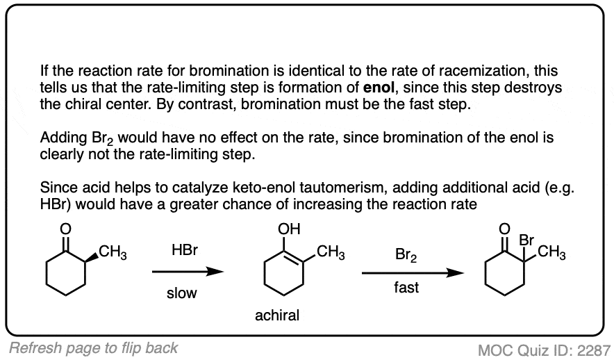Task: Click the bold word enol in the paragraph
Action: pyautogui.click(x=379, y=88)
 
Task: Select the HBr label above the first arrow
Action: pyautogui.click(x=185, y=250)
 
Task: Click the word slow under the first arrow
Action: pyautogui.click(x=182, y=293)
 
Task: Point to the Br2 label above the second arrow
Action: pyautogui.click(x=406, y=255)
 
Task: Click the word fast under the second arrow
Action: pyautogui.click(x=406, y=288)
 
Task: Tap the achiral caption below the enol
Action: pyautogui.click(x=277, y=316)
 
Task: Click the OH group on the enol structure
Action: pyautogui.click(x=289, y=229)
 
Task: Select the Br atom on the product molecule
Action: pyautogui.click(x=526, y=240)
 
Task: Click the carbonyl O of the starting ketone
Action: pyautogui.click(x=65, y=229)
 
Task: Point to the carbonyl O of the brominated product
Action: pyautogui.click(x=505, y=229)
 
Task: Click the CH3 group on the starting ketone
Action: pyautogui.click(x=113, y=252)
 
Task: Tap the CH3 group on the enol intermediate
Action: pyautogui.click(x=331, y=252)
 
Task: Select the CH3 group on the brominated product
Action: pyautogui.click(x=551, y=252)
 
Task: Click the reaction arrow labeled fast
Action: pyautogui.click(x=413, y=272)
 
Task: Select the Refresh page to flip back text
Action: pyautogui.click(x=93, y=348)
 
